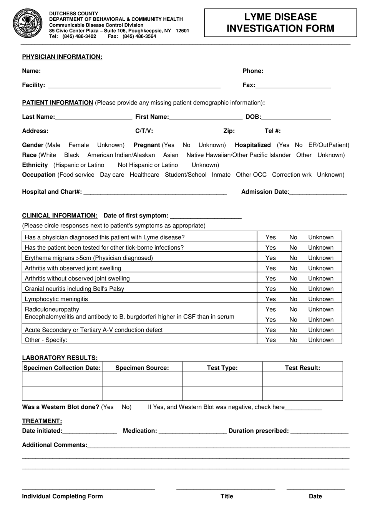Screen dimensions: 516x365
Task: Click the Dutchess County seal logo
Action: [x=28, y=23]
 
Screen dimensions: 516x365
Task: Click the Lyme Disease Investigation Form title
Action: [x=280, y=23]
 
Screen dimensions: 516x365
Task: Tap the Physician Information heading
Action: [x=62, y=57]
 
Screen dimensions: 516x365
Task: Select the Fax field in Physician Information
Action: [x=293, y=85]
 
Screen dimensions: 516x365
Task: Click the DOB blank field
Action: [x=296, y=117]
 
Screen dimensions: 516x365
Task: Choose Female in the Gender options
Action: [x=78, y=145]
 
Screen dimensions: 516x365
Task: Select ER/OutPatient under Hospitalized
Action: [x=328, y=145]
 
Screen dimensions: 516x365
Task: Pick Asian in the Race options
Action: [x=171, y=155]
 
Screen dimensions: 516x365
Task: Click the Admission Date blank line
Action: [x=318, y=192]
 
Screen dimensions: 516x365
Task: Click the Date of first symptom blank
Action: [x=206, y=216]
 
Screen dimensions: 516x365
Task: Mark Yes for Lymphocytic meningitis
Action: [x=270, y=299]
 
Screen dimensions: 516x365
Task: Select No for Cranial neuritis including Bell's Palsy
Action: [x=293, y=289]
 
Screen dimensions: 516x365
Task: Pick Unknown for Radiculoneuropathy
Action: [x=320, y=309]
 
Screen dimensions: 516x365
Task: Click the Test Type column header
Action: [x=222, y=368]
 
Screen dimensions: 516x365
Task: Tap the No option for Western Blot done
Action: [x=126, y=407]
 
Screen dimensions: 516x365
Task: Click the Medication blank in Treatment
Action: [x=192, y=431]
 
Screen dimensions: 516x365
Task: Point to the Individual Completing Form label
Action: [x=62, y=496]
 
